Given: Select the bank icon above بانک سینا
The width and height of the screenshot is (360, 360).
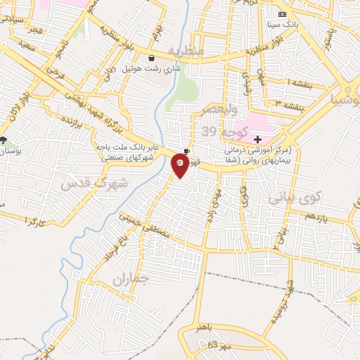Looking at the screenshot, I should pyautogui.click(x=283, y=15).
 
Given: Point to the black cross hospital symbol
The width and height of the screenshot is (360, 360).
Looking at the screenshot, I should pyautogui.click(x=257, y=140).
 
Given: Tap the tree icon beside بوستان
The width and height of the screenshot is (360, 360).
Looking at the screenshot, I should pyautogui.click(x=5, y=140).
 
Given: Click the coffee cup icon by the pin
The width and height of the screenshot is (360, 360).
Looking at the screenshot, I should pyautogui.click(x=186, y=150).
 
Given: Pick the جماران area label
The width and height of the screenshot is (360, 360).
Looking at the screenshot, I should pyautogui.click(x=131, y=279).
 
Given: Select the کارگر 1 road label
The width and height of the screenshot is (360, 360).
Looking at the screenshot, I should pyautogui.click(x=34, y=221).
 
